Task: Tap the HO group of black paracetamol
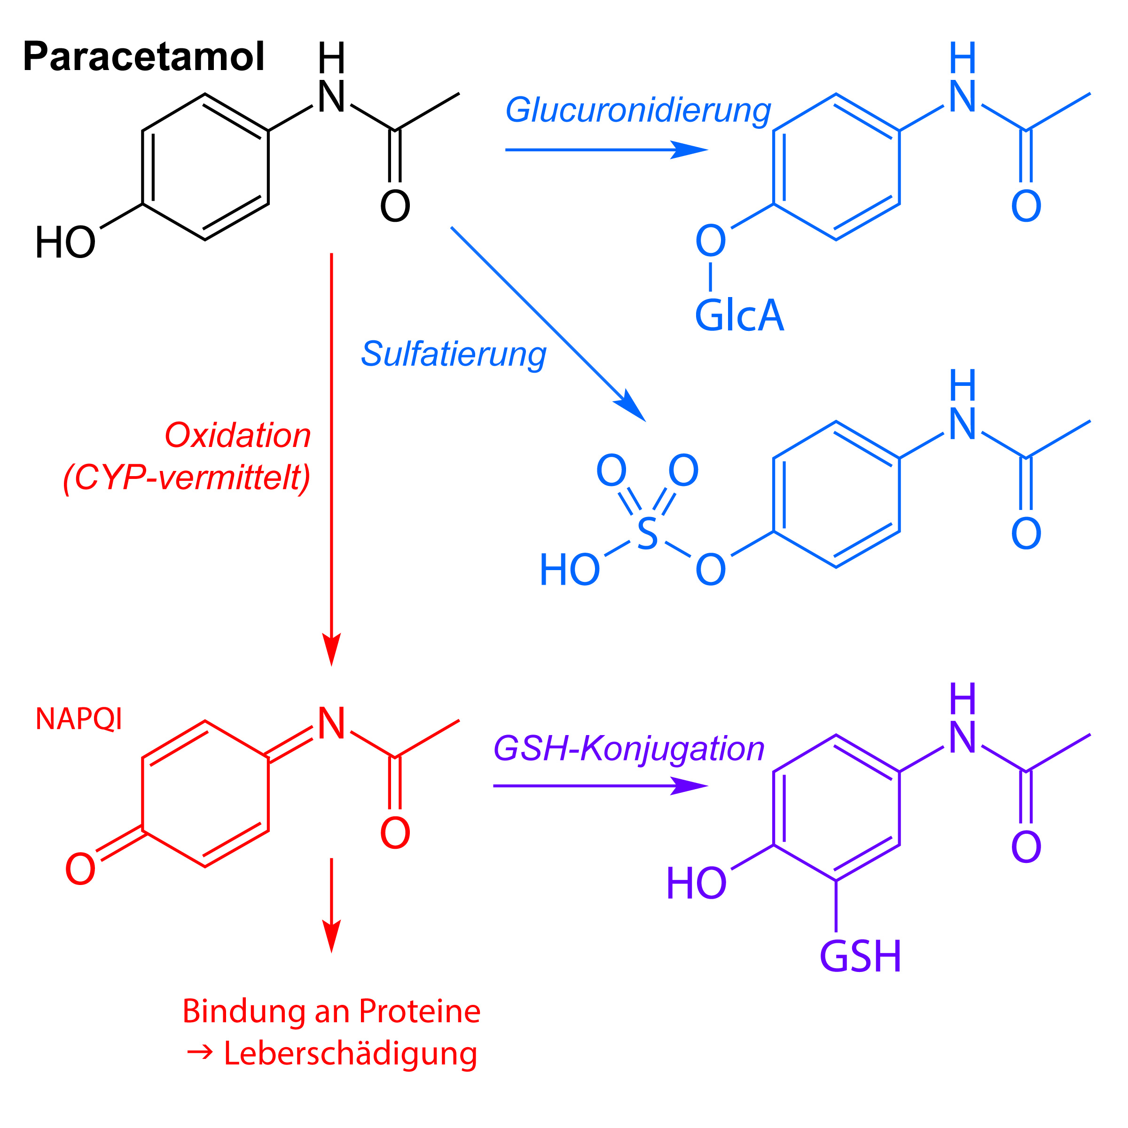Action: click(65, 243)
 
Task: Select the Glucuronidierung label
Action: click(638, 111)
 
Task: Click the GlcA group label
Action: click(739, 315)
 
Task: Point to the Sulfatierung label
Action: click(454, 355)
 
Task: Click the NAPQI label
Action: click(79, 719)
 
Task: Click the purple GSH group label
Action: click(861, 956)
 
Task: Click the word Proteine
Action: click(419, 1011)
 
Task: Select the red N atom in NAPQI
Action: click(331, 723)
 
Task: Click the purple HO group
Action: click(697, 883)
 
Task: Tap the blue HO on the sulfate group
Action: click(570, 569)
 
